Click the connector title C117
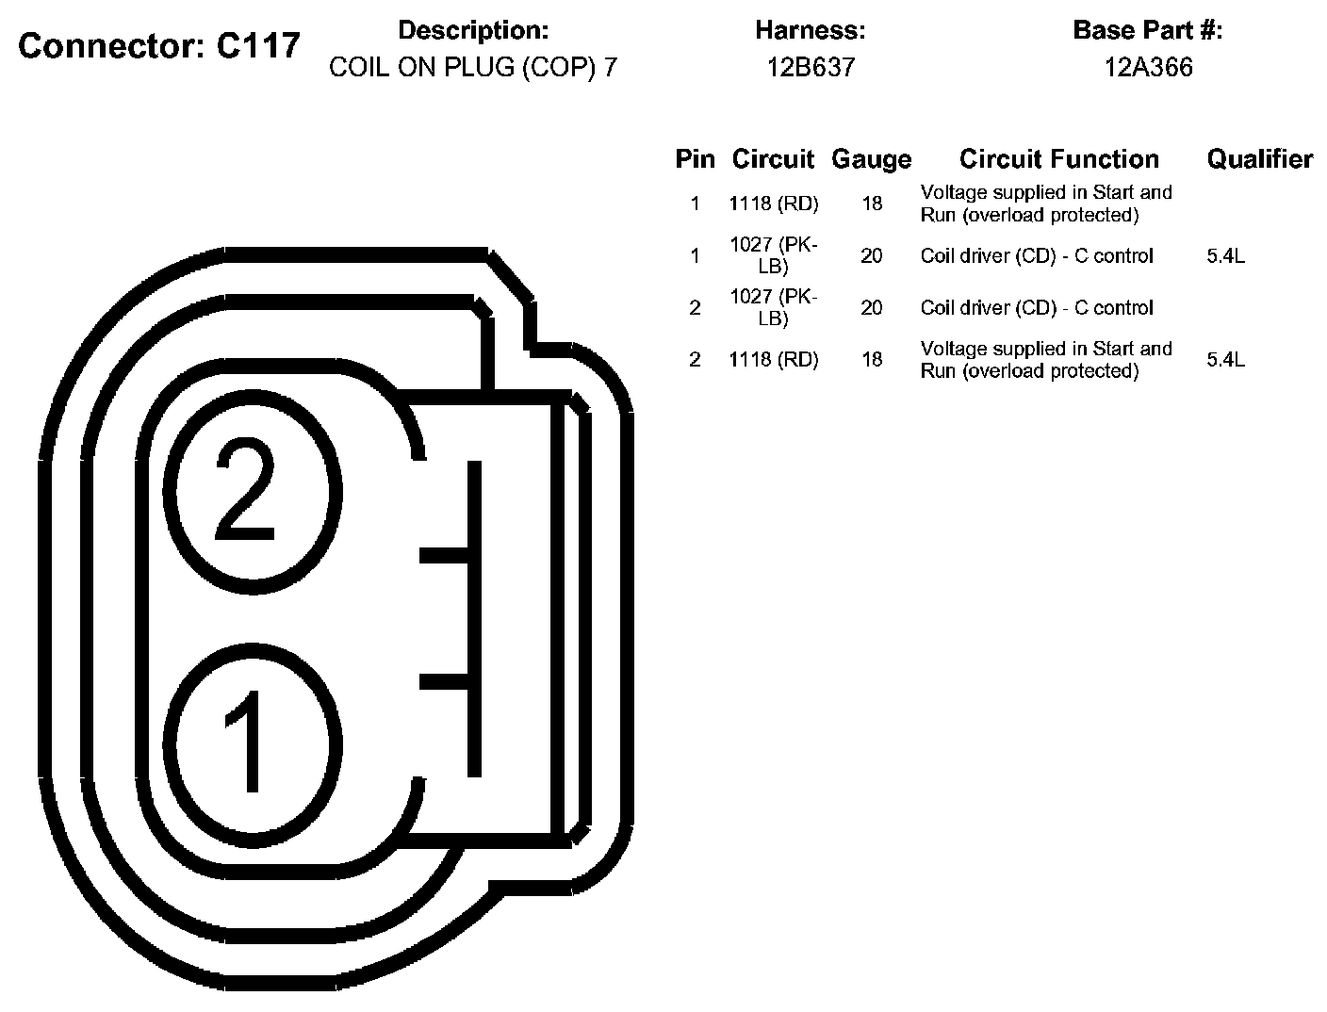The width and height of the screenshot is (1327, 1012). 159,45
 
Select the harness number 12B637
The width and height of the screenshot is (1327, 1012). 810,68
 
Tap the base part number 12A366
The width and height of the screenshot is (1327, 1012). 1148,68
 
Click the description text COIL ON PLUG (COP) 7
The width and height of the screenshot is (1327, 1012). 473,68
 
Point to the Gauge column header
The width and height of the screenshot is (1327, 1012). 871,159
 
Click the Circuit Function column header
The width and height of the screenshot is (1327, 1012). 1058,159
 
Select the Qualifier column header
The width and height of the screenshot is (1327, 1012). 1259,159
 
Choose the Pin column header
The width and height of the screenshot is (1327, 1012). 695,159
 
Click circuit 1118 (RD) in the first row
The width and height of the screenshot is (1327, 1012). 773,204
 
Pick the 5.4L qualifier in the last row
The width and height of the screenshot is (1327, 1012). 1225,360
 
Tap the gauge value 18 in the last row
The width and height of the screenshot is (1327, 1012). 871,360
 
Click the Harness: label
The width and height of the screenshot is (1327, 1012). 810,31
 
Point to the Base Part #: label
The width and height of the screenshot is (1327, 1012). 1147,31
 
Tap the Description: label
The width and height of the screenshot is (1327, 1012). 473,31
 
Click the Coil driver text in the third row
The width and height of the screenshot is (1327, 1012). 1036,308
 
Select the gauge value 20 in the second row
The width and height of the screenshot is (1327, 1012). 871,256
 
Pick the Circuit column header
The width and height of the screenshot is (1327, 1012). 773,159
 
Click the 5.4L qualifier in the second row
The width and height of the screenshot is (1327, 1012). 1225,256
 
